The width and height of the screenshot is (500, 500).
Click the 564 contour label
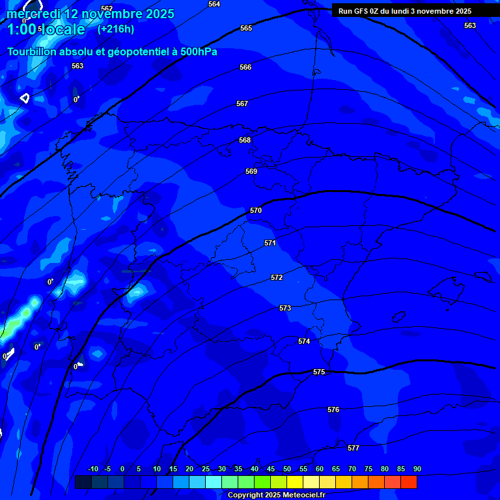214,4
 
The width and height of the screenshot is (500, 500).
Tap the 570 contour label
256,210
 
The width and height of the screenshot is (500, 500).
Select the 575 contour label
319,372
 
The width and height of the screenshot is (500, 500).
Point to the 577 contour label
354,448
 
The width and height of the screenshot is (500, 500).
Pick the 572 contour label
277,277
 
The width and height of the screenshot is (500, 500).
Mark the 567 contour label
242,104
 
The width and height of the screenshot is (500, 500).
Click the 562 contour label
107,8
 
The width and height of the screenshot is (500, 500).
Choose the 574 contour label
304,341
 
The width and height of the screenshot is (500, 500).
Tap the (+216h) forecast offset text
116,29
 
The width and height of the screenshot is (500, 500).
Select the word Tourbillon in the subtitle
33,51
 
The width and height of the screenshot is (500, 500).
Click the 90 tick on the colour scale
417,469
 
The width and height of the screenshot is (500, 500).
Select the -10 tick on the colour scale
93,469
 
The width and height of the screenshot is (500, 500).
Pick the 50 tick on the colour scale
287,469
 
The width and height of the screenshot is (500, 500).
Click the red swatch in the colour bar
408,482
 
